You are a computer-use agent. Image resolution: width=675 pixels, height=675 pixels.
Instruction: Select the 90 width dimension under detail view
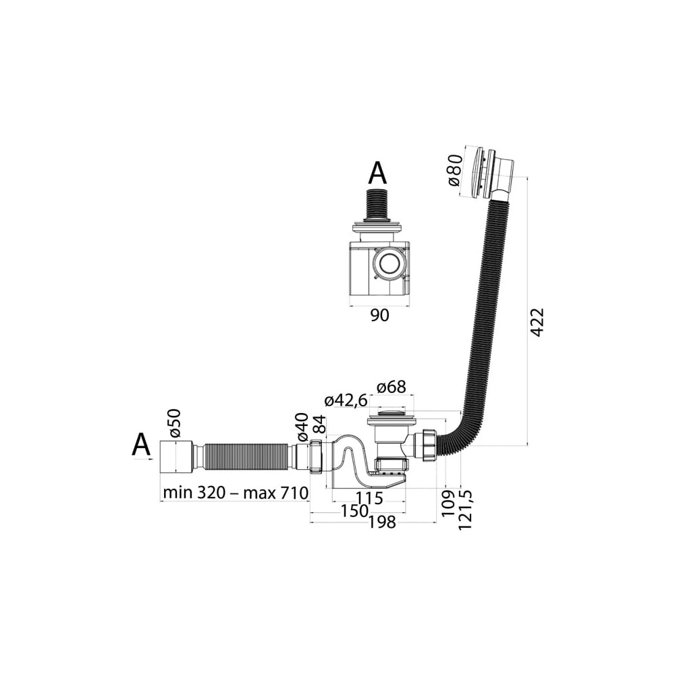[x=379, y=315]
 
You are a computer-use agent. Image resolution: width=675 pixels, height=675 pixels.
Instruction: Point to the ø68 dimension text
[x=391, y=387]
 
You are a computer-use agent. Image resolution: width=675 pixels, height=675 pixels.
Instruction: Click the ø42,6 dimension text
[x=346, y=401]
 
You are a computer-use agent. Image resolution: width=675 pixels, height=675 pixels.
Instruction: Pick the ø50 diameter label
[x=175, y=424]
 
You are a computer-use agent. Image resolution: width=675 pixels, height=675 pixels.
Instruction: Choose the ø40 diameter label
[x=302, y=427]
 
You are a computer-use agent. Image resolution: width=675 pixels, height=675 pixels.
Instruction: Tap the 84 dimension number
[x=320, y=425]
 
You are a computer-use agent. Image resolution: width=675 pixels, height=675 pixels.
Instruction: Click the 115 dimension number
[x=369, y=498]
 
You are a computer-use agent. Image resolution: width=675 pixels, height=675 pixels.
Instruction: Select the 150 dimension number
[x=354, y=511]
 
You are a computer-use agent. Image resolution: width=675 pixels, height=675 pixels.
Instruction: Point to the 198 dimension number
[x=382, y=522]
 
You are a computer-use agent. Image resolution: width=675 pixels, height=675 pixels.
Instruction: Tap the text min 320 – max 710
[x=236, y=493]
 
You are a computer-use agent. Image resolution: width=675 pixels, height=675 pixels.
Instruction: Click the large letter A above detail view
[x=377, y=173]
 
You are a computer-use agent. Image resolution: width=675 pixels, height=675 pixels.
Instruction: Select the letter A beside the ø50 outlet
[x=141, y=444]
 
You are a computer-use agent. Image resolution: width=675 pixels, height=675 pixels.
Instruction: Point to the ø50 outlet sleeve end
[x=175, y=457]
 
